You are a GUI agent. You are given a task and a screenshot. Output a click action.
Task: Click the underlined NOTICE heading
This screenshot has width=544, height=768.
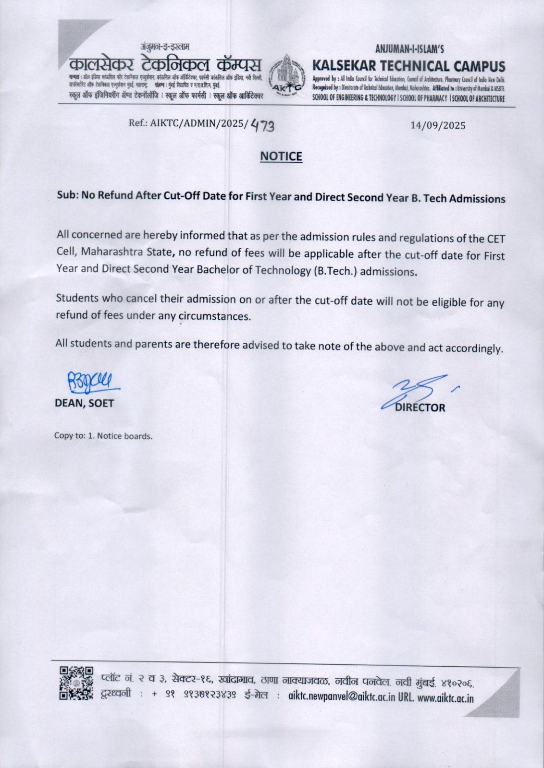(281, 156)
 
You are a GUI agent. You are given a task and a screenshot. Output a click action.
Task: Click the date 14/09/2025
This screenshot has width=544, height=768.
(438, 125)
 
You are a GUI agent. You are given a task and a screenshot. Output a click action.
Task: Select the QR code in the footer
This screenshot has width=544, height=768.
(76, 683)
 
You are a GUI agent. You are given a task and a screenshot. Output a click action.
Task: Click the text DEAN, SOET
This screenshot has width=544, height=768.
(85, 403)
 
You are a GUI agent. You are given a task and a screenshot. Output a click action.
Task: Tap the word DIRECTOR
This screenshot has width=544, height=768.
(420, 408)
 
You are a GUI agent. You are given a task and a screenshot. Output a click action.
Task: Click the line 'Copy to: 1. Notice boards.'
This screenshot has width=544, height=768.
(103, 436)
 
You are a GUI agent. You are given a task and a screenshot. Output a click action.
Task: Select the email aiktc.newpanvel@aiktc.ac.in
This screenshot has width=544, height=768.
(342, 696)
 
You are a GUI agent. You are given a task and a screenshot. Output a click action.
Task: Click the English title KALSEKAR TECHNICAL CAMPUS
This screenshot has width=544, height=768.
(408, 66)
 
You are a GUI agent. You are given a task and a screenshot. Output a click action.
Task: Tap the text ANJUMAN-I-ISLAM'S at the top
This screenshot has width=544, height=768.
(409, 48)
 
